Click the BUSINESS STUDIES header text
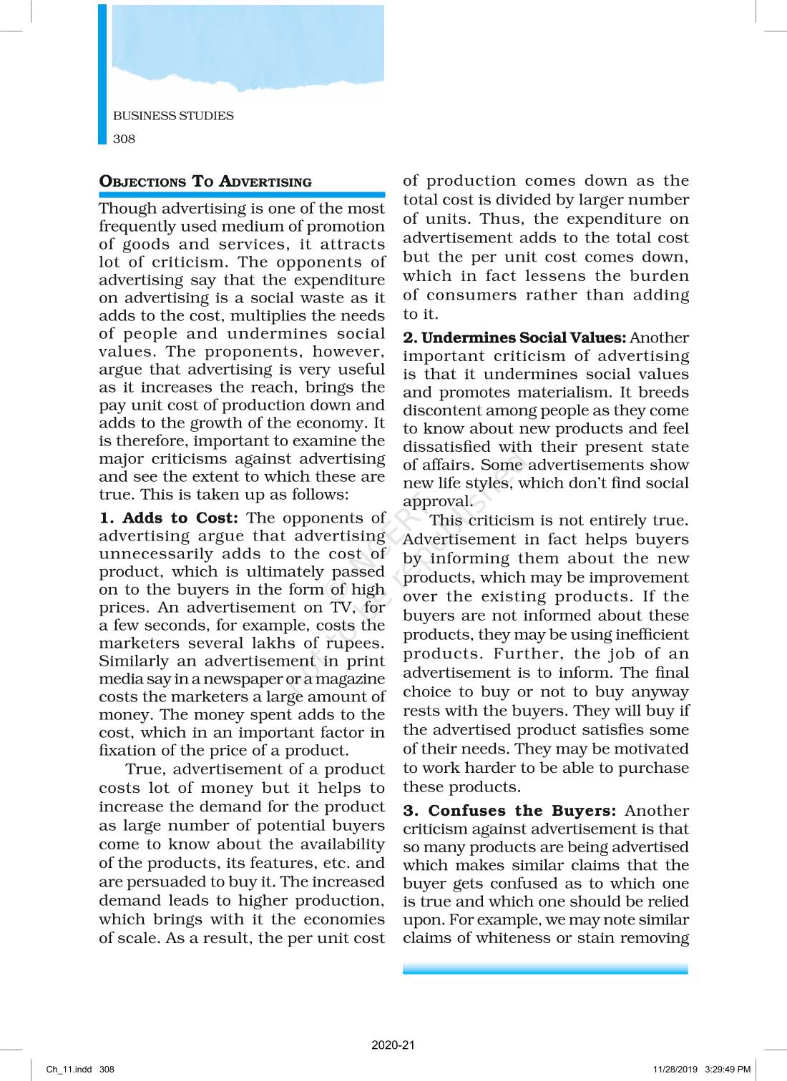pos(173,116)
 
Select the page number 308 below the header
pos(124,139)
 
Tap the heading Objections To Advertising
pos(205,182)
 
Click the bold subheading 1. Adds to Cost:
pos(169,518)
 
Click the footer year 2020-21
pos(393,1045)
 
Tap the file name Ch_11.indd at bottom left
pos(69,1070)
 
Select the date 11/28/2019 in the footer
pos(675,1070)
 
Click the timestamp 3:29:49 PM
pos(728,1070)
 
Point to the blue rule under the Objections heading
pos(242,194)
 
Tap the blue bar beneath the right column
pos(545,969)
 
